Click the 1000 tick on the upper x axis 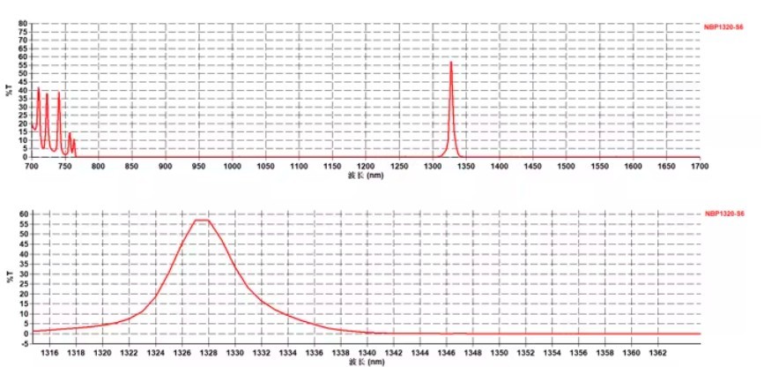233,165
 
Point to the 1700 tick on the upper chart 700,165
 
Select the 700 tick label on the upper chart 32,165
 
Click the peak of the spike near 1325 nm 451,62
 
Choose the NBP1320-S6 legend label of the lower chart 724,214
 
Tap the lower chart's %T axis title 9,273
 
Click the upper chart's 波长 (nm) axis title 366,176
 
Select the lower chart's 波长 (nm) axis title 366,362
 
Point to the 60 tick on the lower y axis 22,214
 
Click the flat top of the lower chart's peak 202,220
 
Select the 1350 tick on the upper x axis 466,165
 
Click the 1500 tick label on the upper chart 566,165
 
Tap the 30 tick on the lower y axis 22,273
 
